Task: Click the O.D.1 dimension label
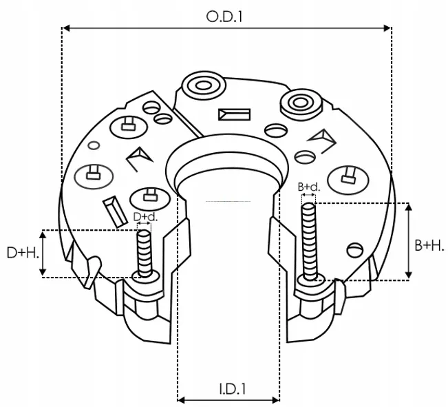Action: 225,15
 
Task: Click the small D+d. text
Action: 145,217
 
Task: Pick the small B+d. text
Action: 308,187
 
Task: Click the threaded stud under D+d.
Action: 144,252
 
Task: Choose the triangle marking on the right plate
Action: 320,140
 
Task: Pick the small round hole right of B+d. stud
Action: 354,249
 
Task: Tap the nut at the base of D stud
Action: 145,276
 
